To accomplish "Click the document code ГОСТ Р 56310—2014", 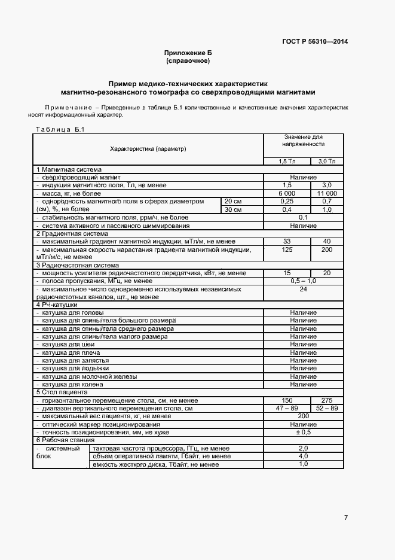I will tap(314, 42).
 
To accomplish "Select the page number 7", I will tap(346, 517).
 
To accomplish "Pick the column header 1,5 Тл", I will tap(287, 162).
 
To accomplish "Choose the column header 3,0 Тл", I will tap(327, 162).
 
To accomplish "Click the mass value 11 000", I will tap(327, 193).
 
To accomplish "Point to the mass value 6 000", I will tap(287, 193).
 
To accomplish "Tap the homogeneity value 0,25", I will tap(287, 202).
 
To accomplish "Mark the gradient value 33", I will tap(287, 241).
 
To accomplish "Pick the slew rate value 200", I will tap(327, 249).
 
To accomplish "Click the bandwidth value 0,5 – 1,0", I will tap(303, 281).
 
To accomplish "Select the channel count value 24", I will tap(303, 289).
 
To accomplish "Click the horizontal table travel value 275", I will tap(327, 400).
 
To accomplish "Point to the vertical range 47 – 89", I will tap(287, 407).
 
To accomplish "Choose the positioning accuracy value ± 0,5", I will tap(303, 431).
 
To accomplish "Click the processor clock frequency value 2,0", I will tap(303, 448).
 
